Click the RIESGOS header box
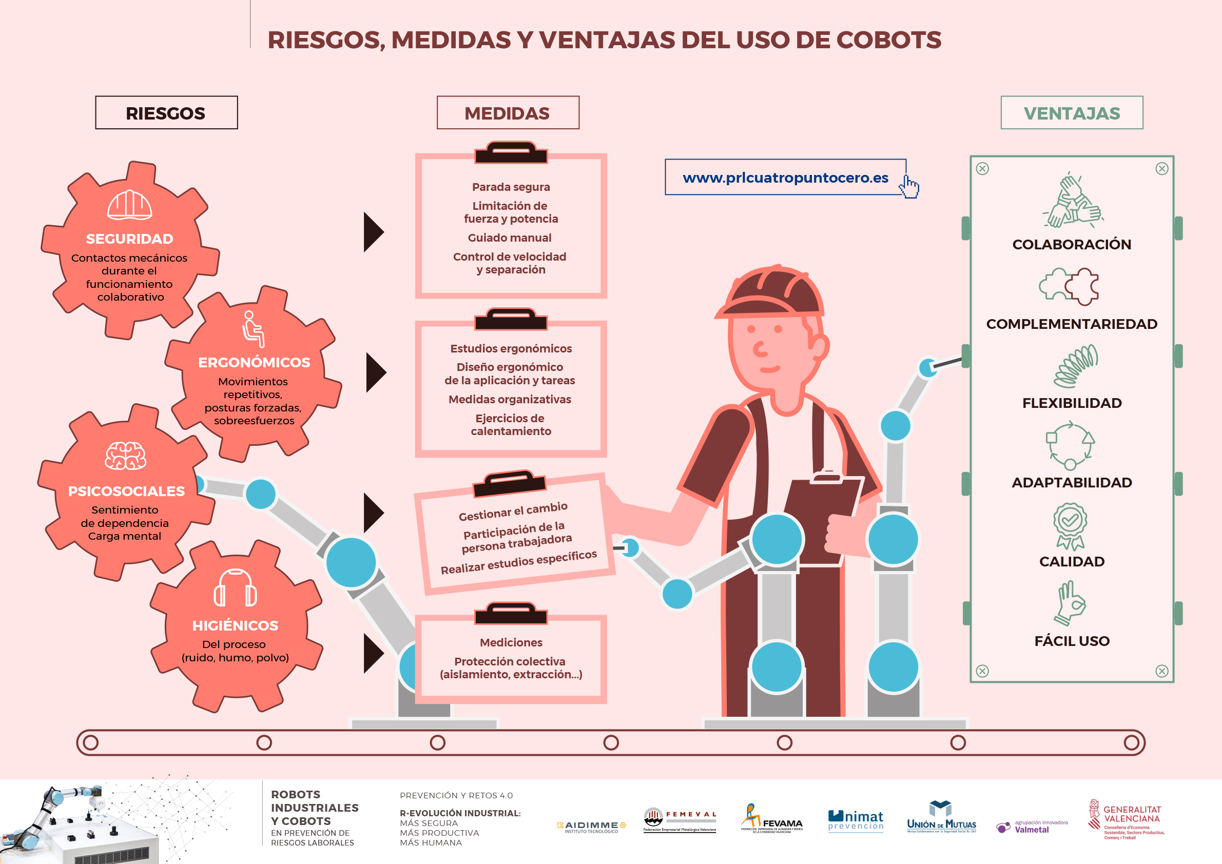(166, 113)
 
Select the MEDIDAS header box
(507, 113)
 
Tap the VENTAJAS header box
(1072, 113)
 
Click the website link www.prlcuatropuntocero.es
(785, 178)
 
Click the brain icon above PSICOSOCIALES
(126, 456)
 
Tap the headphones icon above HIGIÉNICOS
(235, 588)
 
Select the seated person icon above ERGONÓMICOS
(253, 329)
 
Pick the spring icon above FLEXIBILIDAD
(1075, 366)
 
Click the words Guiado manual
(509, 238)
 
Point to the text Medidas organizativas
(509, 400)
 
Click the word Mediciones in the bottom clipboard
(511, 643)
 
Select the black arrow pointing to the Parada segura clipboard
(373, 232)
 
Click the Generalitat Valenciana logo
(1126, 820)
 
